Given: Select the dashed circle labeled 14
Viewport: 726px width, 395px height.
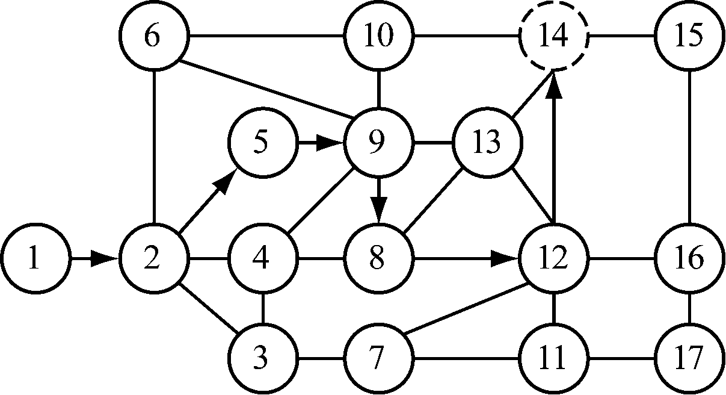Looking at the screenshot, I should click(x=553, y=37).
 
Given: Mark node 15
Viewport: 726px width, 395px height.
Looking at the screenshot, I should click(x=689, y=37).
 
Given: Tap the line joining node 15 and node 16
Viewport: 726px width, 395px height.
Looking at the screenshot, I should click(x=689, y=148).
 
